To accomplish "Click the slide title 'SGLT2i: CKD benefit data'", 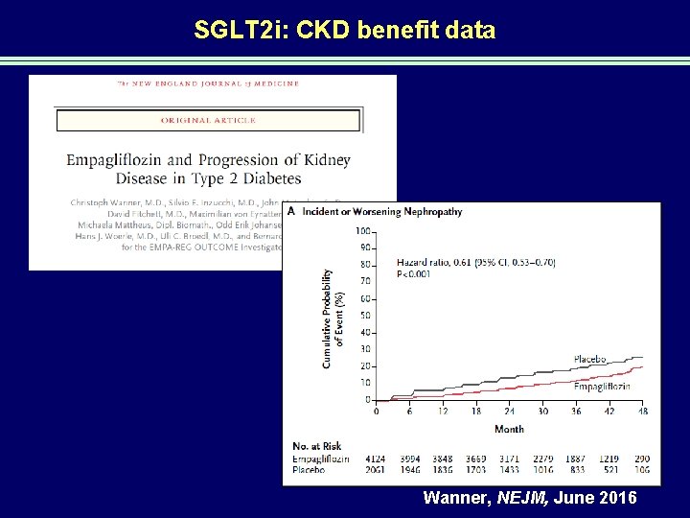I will (344, 31).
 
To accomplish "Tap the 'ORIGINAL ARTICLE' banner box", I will (208, 120).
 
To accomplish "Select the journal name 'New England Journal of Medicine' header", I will (207, 83).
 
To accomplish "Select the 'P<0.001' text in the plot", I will (415, 273).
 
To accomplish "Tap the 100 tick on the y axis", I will (363, 231).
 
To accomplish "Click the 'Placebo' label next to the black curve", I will (589, 360).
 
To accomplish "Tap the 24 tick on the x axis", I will (510, 411).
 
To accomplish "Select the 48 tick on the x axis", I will (643, 411).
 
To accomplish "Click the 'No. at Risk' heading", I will (318, 447).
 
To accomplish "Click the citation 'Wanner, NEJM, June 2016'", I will (528, 499).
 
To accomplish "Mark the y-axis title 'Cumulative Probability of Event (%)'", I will (332, 317).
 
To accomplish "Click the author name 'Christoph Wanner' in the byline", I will (106, 202).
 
